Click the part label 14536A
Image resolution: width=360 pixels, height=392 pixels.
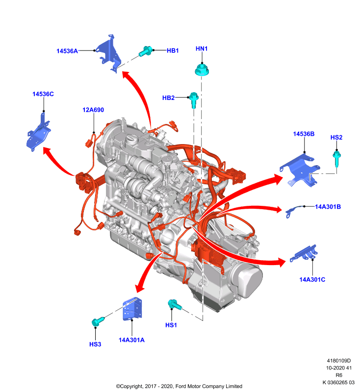pos(67,51)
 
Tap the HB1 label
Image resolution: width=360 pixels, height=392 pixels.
pos(173,50)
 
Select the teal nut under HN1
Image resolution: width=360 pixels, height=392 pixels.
pos(202,70)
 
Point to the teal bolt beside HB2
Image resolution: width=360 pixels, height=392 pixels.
pos(194,100)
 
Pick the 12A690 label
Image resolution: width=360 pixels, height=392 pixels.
pos(93,110)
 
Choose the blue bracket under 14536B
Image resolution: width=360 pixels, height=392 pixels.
pos(300,171)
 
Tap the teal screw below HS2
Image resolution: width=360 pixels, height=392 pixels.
pos(337,158)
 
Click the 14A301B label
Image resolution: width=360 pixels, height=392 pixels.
pos(328,207)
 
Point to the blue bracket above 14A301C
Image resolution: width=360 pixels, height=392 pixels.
pos(304,253)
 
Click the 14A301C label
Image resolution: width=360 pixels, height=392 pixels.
pos(312,279)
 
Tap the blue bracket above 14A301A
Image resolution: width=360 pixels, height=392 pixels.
pos(132,309)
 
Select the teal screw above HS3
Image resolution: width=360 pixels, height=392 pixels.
pos(98,321)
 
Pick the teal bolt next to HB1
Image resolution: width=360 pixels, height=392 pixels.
pos(146,51)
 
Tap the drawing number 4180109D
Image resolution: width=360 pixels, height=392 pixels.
pos(339,361)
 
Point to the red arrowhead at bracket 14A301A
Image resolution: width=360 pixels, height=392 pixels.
pos(140,287)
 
